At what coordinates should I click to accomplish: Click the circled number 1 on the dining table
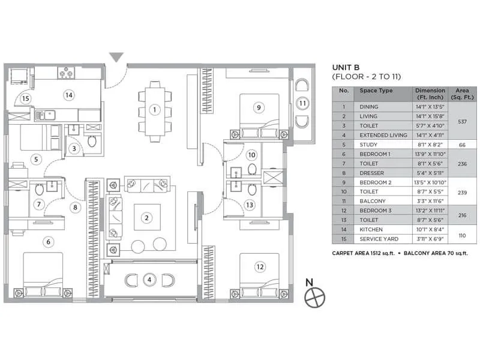tap(154, 110)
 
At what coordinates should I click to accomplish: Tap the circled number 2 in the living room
tap(145, 217)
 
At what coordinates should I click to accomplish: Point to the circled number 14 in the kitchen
tap(69, 95)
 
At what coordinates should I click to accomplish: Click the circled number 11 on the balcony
tap(303, 103)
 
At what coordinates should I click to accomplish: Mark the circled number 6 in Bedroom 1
tap(49, 242)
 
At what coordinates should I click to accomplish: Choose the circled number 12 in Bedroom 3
tap(259, 266)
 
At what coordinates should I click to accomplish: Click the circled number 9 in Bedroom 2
tap(259, 107)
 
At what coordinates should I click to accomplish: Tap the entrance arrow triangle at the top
tap(116, 58)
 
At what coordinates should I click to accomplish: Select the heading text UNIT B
tap(345, 67)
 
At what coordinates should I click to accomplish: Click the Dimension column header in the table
tap(430, 94)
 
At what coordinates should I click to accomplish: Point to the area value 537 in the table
tap(462, 121)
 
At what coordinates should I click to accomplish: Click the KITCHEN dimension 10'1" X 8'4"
tap(430, 229)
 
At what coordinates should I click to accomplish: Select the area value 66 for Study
tap(462, 145)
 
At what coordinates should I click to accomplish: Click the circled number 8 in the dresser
tap(75, 208)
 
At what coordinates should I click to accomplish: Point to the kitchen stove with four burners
tap(65, 74)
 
